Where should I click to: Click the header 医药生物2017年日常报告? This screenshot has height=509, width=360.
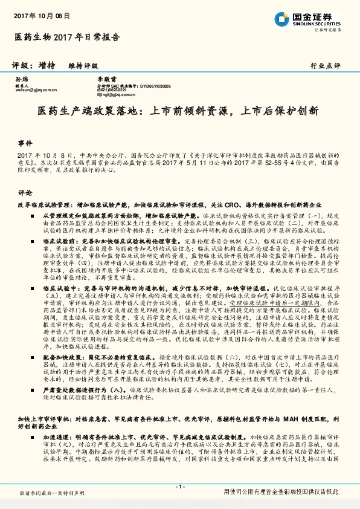(66, 37)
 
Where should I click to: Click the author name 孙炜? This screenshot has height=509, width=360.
(21, 80)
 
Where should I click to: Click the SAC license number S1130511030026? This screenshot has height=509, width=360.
(155, 86)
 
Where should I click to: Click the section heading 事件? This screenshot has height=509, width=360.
(25, 144)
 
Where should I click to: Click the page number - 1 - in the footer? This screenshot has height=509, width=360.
(179, 487)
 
